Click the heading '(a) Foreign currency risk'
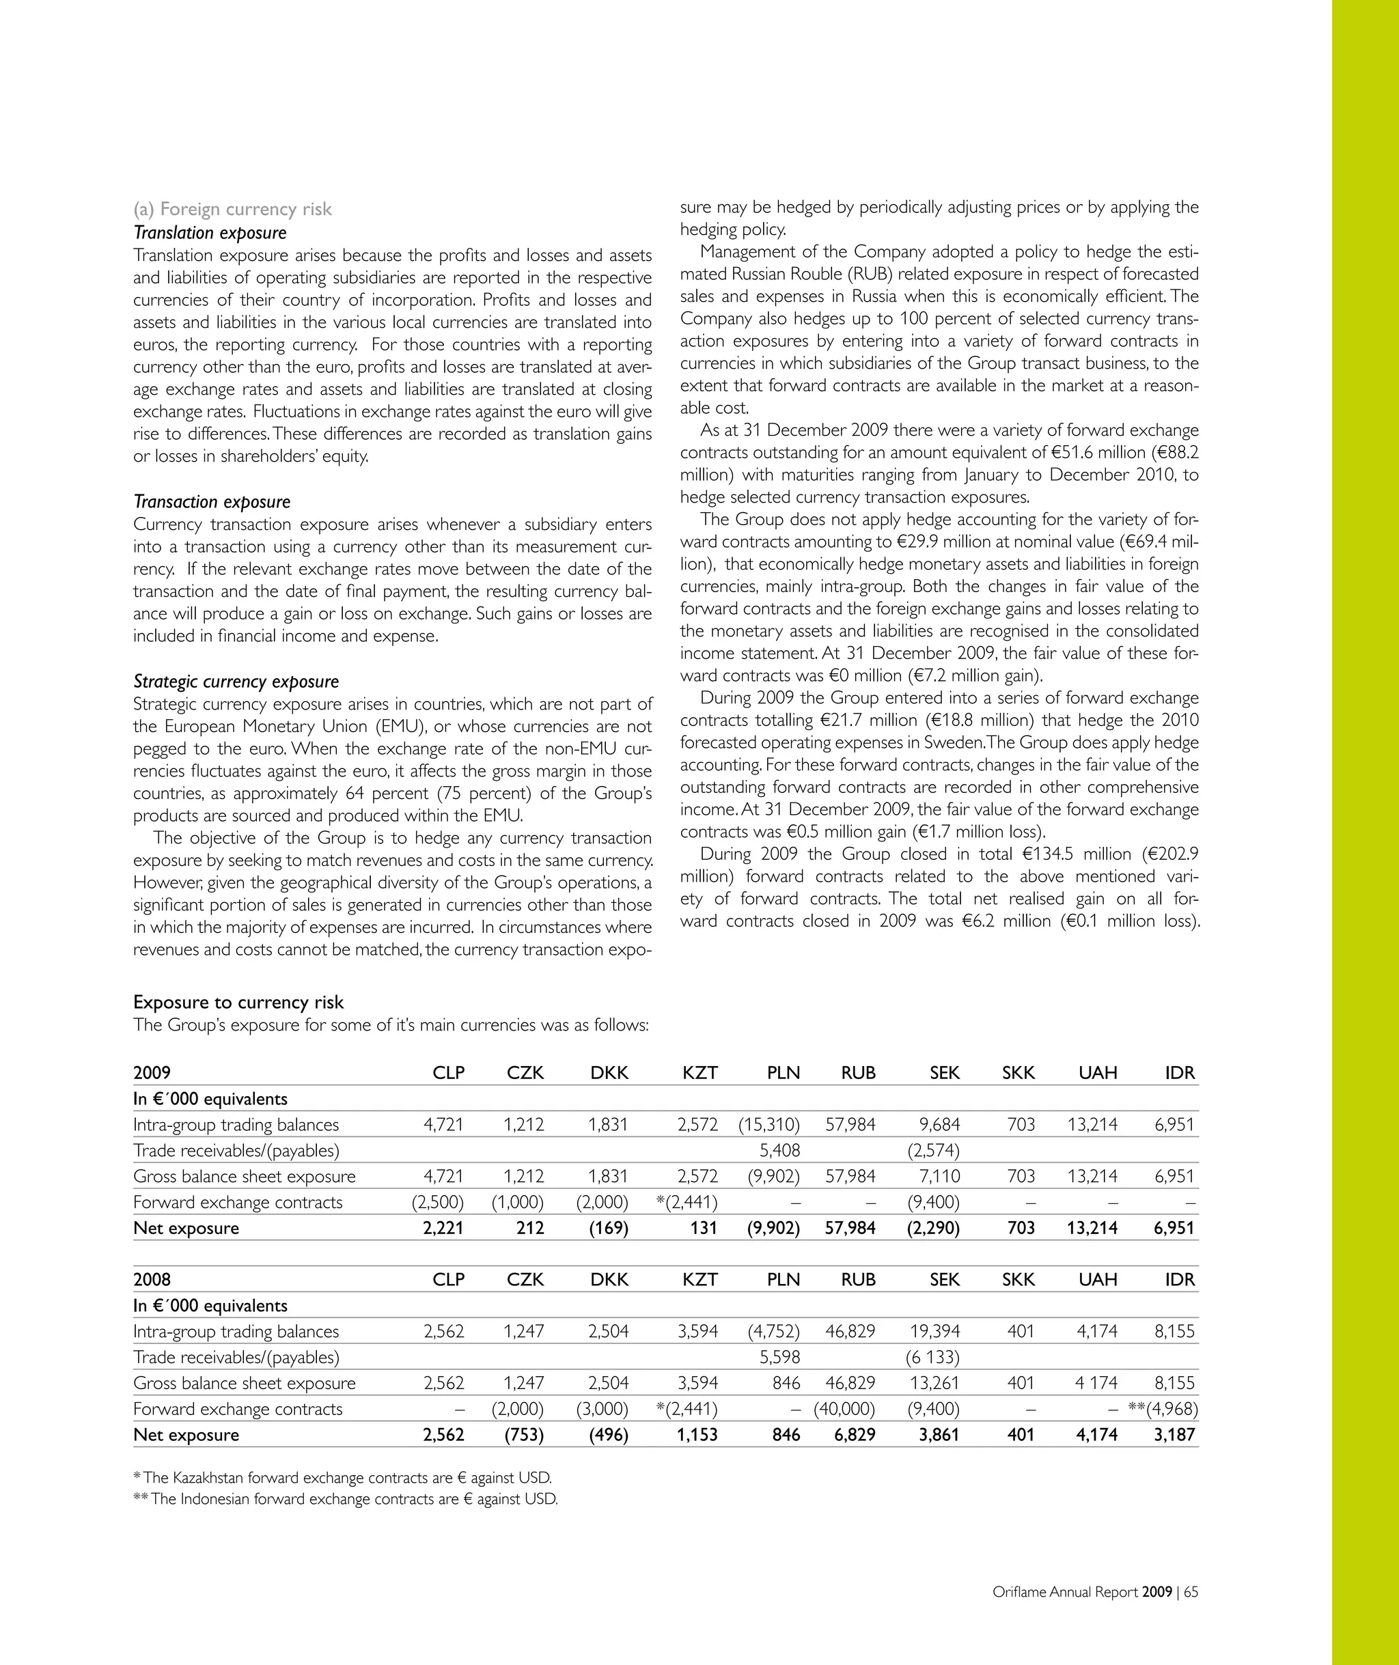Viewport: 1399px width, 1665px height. pos(232,209)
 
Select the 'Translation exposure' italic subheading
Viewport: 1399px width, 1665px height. pos(210,232)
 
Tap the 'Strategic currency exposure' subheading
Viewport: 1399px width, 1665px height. pos(236,682)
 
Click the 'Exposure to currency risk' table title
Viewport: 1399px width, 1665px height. pos(238,1002)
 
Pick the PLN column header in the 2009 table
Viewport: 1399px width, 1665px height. pos(783,1074)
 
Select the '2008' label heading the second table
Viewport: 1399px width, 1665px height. pos(152,1280)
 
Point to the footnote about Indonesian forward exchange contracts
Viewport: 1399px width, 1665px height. pos(346,1499)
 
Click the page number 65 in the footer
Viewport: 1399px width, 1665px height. pos(1191,1592)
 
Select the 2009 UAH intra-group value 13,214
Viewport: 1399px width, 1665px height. pos(1092,1125)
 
